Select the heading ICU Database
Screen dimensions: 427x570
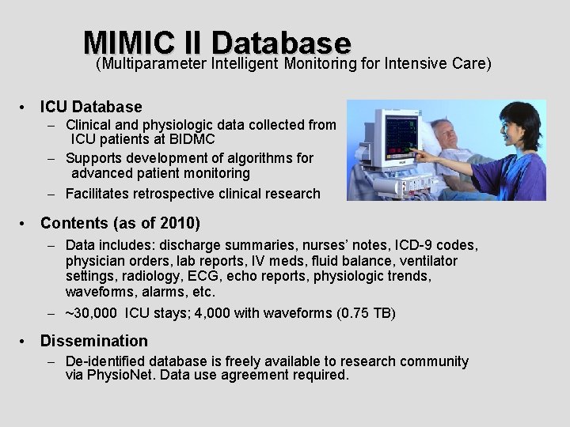(91, 107)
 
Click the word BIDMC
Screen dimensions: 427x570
(192, 140)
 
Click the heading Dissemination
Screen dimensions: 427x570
(94, 341)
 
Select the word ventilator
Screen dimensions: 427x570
(428, 261)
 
